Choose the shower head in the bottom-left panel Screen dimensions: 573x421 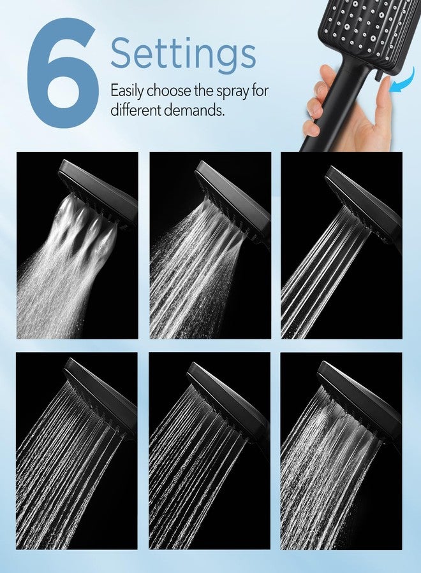click(102, 395)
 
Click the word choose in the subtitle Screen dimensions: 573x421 click(167, 90)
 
